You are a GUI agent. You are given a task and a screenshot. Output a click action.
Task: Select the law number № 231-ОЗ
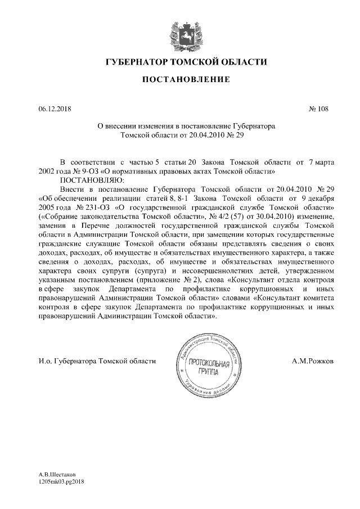tap(86, 206)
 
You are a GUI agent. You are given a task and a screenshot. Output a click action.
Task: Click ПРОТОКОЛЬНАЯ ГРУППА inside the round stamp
tap(209, 368)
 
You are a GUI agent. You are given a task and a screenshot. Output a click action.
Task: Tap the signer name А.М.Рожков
tap(312, 360)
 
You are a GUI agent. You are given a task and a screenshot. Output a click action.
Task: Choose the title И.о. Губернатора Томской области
tap(97, 360)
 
